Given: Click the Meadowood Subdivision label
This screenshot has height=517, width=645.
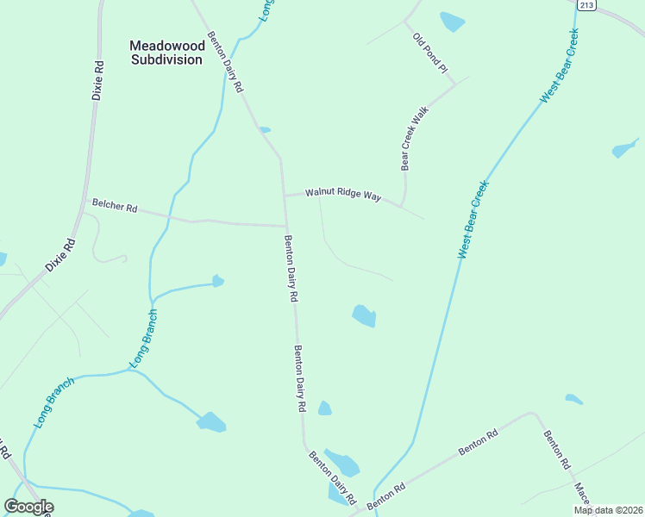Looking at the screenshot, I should point(166,53).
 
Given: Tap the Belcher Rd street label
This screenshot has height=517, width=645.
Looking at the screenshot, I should point(115,207).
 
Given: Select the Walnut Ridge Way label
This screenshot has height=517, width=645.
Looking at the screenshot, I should point(342,196).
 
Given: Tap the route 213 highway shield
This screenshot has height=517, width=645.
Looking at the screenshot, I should point(586,5).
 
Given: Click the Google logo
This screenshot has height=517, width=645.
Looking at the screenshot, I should point(28,507).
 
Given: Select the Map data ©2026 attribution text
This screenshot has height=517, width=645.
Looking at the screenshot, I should point(608,510).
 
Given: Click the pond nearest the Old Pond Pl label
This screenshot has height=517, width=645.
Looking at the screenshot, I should point(452,22).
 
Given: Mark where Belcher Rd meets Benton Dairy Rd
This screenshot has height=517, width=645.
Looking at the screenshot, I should point(285,227).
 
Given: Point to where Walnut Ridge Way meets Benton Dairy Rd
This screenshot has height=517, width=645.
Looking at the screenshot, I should point(285,196).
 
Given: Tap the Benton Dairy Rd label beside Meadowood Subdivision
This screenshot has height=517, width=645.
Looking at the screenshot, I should point(226,65).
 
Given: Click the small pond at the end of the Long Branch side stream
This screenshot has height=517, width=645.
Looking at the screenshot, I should point(218,281).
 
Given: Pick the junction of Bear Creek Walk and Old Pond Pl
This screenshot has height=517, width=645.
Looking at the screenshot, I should point(454,84).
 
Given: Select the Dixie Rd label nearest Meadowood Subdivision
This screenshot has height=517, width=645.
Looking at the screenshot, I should point(98,79).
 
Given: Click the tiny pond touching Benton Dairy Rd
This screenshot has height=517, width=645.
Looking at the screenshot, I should point(265,130).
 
